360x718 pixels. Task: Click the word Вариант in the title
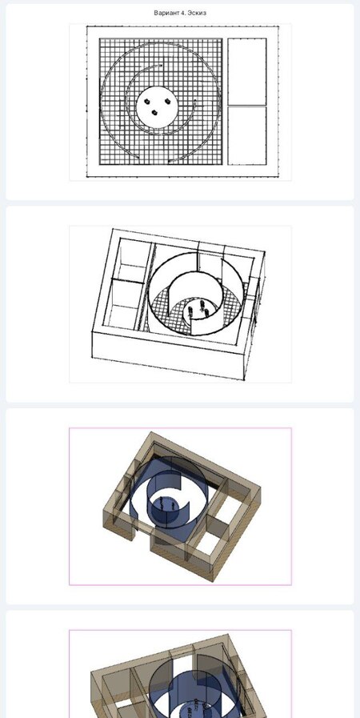pyautogui.click(x=165, y=13)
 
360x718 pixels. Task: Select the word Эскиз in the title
pyautogui.click(x=196, y=13)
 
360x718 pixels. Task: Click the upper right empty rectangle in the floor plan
pyautogui.click(x=247, y=71)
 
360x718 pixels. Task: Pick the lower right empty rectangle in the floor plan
pyautogui.click(x=247, y=135)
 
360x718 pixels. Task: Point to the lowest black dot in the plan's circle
pyautogui.click(x=154, y=112)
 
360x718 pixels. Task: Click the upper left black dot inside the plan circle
pyautogui.click(x=147, y=101)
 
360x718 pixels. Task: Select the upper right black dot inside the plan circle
pyautogui.click(x=167, y=101)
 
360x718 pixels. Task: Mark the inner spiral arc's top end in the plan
pyautogui.click(x=162, y=66)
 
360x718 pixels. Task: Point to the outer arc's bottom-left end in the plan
pyautogui.click(x=138, y=158)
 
